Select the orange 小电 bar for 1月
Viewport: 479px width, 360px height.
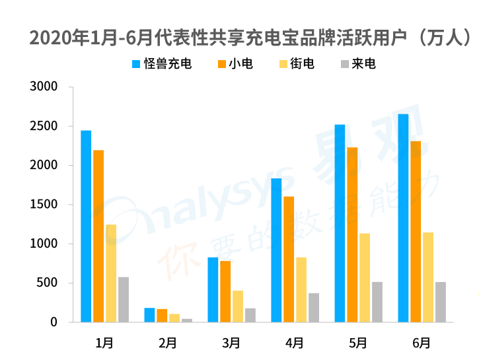point(98,236)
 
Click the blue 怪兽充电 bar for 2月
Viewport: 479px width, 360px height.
point(149,315)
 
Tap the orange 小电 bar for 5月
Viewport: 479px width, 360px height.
point(352,234)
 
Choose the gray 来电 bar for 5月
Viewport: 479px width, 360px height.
point(377,302)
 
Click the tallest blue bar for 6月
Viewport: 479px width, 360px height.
point(403,218)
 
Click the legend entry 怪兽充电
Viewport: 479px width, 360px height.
point(162,64)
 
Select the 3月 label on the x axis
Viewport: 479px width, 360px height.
point(231,342)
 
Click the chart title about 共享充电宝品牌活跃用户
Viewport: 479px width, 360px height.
point(251,38)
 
